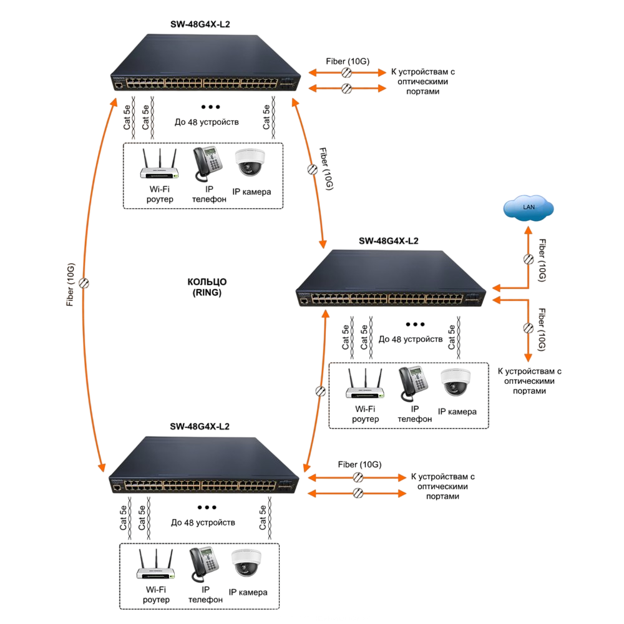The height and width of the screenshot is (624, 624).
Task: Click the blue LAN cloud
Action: tap(528, 207)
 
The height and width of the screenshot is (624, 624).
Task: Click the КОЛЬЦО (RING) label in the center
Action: tap(207, 287)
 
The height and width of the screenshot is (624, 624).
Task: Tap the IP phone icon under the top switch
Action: tap(208, 164)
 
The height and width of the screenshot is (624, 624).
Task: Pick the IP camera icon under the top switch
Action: tap(250, 162)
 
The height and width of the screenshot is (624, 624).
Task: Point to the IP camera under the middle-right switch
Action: tap(456, 383)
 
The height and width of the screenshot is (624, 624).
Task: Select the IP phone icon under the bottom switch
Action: tap(204, 564)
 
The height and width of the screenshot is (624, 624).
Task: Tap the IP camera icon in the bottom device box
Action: tap(246, 563)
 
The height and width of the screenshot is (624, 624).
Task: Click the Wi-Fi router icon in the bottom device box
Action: tap(155, 564)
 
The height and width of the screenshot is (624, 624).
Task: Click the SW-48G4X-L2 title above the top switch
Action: tap(200, 24)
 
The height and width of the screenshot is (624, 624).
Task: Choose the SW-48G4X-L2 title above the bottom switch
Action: tap(200, 427)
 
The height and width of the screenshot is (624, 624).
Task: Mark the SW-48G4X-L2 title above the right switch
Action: tap(389, 241)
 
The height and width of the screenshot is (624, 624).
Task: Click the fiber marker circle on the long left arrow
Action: tap(84, 283)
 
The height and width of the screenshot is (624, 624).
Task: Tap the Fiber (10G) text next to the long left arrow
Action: tap(71, 285)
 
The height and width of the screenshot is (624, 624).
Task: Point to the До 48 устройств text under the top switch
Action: tap(207, 122)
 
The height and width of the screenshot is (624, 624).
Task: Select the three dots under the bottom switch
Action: tap(207, 507)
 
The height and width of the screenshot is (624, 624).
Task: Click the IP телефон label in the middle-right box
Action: tap(415, 414)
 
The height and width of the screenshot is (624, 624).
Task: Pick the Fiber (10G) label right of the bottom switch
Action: tap(360, 464)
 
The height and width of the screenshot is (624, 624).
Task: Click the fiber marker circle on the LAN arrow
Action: tap(529, 260)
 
